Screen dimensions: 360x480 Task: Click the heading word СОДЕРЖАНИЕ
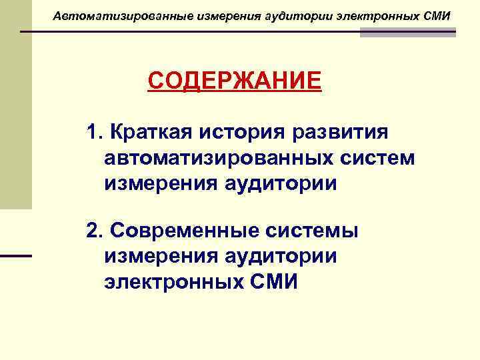(x=234, y=82)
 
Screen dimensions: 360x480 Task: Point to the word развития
(x=340, y=132)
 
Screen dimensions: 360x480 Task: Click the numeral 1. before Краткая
(x=93, y=132)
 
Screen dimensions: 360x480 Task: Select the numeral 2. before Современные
(x=93, y=231)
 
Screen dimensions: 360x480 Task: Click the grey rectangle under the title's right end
(x=407, y=33)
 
